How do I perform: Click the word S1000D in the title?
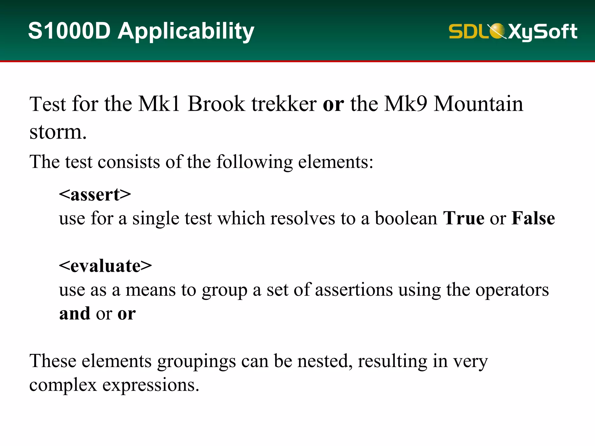point(69,31)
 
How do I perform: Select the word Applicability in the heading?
point(186,31)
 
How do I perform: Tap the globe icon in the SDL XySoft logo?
point(497,31)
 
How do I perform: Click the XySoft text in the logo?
point(543,31)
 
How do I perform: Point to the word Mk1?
point(159,104)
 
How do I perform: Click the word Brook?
point(216,104)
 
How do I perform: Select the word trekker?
point(284,104)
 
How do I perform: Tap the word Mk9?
point(406,104)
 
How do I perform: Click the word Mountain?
point(478,104)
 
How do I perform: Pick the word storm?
point(58,132)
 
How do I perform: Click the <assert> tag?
point(95,195)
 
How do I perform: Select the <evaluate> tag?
point(105,266)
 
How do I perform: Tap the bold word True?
point(464,218)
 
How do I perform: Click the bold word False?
point(533,218)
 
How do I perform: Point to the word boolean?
point(406,218)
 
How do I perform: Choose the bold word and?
point(75,314)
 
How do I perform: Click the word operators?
point(512,290)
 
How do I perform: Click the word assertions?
point(354,290)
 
